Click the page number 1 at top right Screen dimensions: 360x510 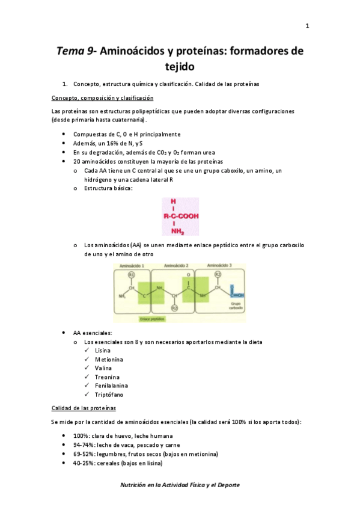coord(307,26)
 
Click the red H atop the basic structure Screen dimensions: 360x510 coord(173,201)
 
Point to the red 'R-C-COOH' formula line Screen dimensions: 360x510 coord(180,215)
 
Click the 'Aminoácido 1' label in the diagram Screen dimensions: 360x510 coord(132,265)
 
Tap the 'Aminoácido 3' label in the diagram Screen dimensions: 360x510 coord(218,265)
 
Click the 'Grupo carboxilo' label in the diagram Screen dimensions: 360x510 coord(236,307)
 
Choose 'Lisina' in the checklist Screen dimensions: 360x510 coord(103,350)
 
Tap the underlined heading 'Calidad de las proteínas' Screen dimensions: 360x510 coord(84,408)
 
